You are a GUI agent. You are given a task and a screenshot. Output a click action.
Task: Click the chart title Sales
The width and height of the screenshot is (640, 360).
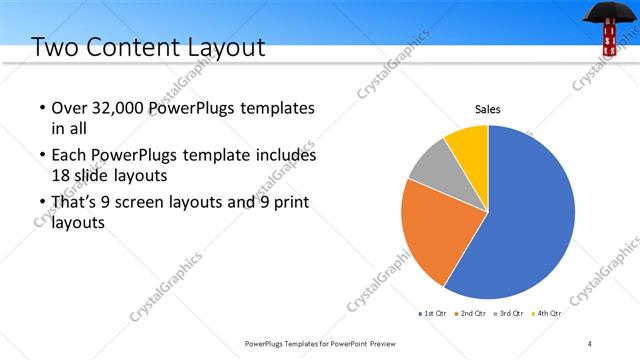[487, 109]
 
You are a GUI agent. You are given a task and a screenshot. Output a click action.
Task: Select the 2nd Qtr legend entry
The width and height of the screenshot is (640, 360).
[472, 313]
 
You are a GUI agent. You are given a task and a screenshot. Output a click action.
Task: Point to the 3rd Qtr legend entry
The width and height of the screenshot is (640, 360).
[510, 313]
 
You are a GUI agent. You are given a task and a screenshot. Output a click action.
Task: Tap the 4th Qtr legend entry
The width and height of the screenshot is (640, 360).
[548, 313]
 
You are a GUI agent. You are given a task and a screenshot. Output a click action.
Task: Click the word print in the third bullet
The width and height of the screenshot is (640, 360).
[290, 203]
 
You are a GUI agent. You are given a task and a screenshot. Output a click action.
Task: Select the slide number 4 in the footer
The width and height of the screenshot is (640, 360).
[590, 344]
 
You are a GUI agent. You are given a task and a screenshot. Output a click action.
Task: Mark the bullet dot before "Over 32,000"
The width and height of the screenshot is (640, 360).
[41, 108]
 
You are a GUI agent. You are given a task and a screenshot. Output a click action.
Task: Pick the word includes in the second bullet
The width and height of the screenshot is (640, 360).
[283, 156]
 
